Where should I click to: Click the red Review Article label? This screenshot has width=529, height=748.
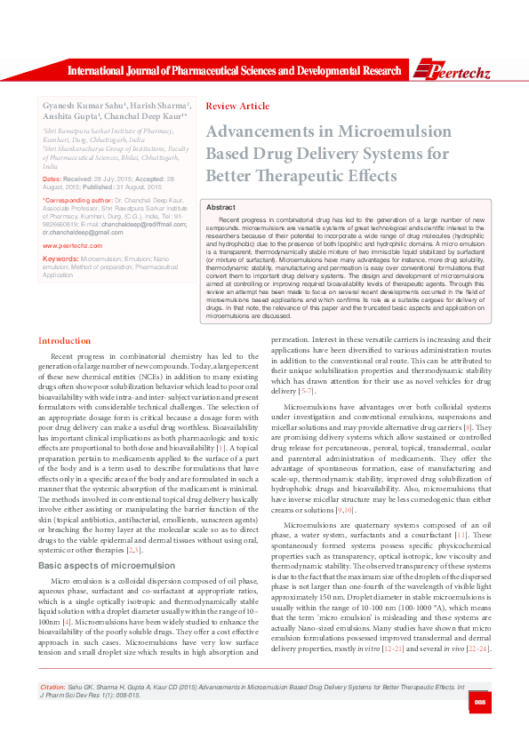pyautogui.click(x=237, y=106)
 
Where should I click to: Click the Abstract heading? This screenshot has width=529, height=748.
pyautogui.click(x=220, y=206)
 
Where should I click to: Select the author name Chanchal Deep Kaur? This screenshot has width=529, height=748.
pyautogui.click(x=145, y=115)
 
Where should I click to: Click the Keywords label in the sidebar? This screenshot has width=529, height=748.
pyautogui.click(x=60, y=259)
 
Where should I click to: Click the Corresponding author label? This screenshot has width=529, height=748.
pyautogui.click(x=77, y=201)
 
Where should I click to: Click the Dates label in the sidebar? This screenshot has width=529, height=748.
pyautogui.click(x=52, y=179)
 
